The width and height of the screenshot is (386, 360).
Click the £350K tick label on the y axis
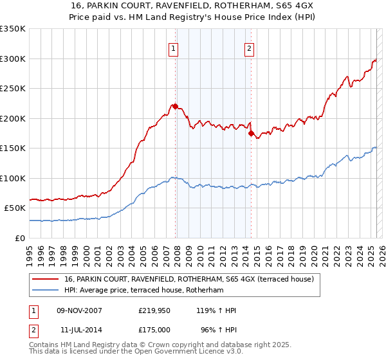click(x=12, y=29)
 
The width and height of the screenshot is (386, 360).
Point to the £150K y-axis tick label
click(x=12, y=148)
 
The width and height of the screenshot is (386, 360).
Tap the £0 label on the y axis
click(x=20, y=238)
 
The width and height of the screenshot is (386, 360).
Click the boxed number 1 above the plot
click(x=174, y=47)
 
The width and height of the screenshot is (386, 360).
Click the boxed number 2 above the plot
click(x=249, y=47)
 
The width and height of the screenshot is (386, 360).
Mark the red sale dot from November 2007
click(x=175, y=107)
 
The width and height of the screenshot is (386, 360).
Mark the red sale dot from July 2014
click(x=251, y=133)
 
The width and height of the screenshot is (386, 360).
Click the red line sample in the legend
click(x=45, y=279)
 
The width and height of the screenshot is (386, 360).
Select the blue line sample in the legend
click(x=45, y=291)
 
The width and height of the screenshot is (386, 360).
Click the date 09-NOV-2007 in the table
click(x=79, y=311)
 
